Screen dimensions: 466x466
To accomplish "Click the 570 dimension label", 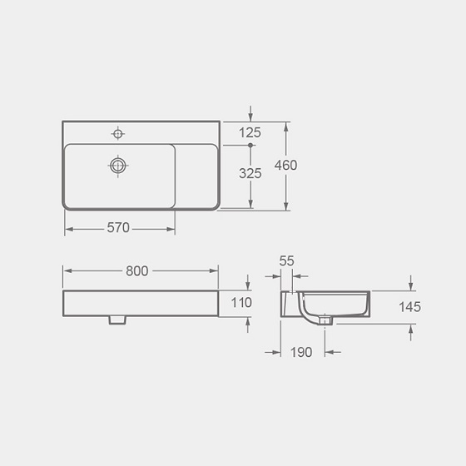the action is (x=118, y=228).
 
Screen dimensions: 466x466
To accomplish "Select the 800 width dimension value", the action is (x=137, y=271).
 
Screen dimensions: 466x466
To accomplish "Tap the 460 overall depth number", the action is (x=285, y=166).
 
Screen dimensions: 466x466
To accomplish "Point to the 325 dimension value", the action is (x=250, y=174).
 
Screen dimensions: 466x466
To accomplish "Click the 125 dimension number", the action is (x=250, y=133).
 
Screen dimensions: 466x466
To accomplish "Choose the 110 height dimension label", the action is (x=241, y=303).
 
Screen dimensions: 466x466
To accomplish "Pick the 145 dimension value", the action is (x=409, y=307).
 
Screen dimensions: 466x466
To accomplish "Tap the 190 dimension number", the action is (x=301, y=353).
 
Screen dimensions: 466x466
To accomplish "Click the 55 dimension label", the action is (x=286, y=261).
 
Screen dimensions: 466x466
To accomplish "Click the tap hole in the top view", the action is (x=118, y=134).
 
